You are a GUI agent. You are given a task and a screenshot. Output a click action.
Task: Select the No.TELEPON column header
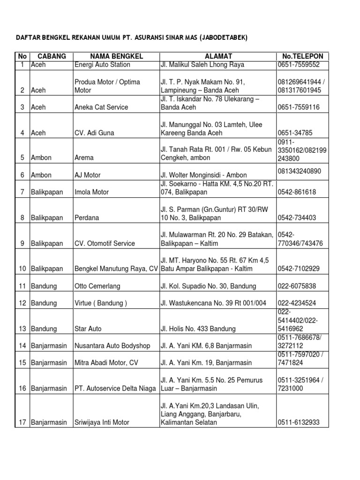[x=302, y=56]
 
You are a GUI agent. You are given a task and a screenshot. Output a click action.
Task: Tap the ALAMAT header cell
[x=218, y=56]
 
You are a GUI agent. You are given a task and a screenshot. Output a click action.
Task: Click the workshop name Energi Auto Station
[x=102, y=65]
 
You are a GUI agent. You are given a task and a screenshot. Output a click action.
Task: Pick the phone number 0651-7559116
[x=299, y=107]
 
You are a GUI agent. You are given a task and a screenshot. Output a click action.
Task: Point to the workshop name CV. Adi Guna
[x=94, y=133]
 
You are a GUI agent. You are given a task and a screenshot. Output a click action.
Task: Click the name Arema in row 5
[x=84, y=158]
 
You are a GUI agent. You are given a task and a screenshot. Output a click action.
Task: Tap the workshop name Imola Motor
[x=91, y=192]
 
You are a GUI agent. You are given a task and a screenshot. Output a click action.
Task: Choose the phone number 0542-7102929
[x=299, y=269]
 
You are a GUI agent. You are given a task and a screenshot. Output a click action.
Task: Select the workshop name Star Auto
[x=88, y=329]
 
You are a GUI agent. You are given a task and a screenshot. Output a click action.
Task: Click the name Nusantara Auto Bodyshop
[x=112, y=346]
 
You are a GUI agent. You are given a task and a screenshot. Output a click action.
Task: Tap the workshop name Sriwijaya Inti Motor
[x=102, y=422]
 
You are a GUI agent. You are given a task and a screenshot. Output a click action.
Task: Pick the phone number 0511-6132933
[x=299, y=422]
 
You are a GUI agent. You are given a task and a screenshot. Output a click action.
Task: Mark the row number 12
[x=22, y=303]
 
